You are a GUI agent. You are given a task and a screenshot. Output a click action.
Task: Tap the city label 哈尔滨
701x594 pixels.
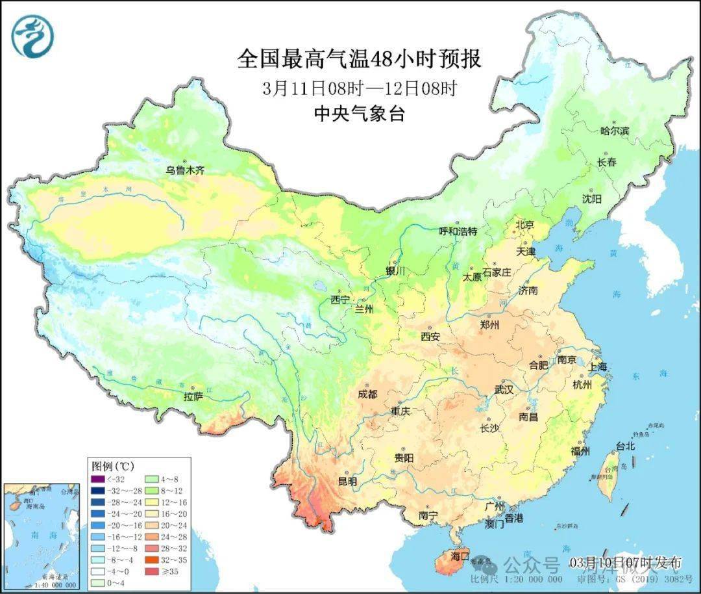point(614,131)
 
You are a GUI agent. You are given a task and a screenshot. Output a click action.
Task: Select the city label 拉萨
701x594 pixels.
point(193,395)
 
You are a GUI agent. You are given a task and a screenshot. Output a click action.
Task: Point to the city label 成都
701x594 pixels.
point(367,394)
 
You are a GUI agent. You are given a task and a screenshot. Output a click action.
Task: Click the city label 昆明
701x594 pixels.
point(347,482)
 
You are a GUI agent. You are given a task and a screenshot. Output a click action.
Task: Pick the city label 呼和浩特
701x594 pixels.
point(458,231)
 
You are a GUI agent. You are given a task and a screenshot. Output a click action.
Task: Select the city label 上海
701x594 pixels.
point(598,367)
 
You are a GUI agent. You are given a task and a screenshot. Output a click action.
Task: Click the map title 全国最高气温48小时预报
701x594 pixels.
point(359,59)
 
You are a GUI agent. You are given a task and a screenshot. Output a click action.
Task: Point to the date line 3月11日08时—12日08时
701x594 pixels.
point(359,88)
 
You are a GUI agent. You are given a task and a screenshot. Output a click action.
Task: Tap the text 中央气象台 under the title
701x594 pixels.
point(359,114)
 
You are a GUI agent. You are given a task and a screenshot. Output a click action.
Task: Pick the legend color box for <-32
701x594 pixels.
point(97,480)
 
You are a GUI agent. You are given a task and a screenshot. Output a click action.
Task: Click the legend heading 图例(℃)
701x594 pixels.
point(113,466)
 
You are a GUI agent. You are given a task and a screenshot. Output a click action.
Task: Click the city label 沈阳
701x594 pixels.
point(591,198)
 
